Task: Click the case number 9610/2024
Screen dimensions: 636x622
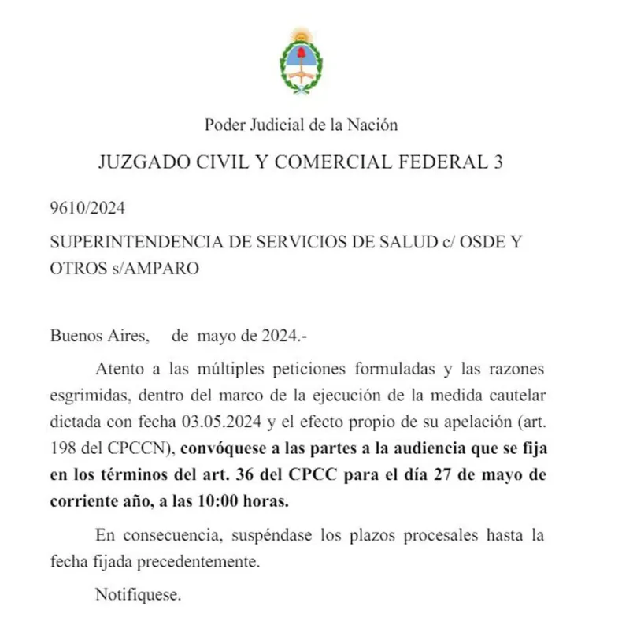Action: (x=87, y=209)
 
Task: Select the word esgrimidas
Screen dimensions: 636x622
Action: (x=85, y=396)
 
